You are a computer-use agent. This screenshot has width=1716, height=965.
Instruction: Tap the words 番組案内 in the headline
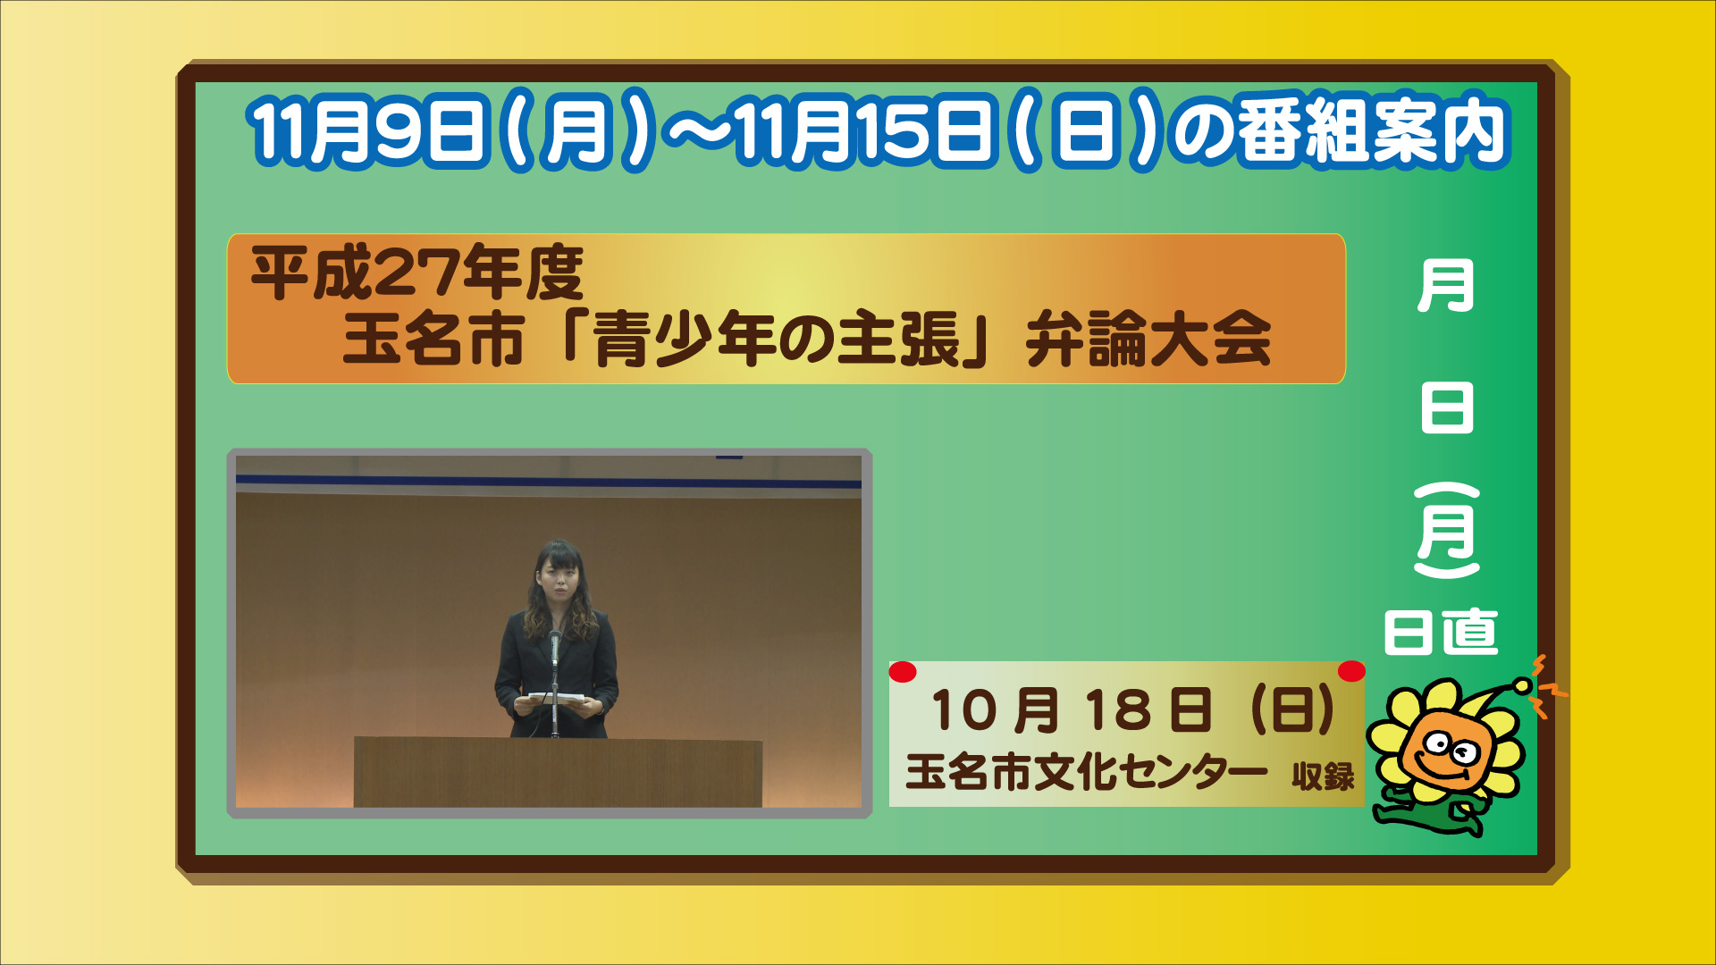point(1373,132)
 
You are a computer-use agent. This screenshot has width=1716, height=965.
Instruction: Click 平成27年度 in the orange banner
point(417,273)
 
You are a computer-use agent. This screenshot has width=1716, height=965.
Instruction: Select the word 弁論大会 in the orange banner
point(1148,340)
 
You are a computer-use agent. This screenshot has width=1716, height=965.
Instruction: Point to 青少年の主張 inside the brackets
point(776,340)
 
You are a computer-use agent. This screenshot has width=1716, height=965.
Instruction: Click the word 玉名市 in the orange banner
point(433,340)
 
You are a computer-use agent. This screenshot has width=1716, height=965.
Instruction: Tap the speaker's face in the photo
point(558,578)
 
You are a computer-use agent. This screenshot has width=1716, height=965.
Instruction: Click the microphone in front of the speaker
point(555,645)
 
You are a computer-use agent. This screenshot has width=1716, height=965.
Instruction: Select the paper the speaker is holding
point(557,700)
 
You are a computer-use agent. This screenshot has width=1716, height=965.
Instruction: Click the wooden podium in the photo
point(558,772)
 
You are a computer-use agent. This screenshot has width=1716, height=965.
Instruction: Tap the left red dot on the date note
point(903,672)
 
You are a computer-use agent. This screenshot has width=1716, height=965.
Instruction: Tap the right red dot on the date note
point(1351,671)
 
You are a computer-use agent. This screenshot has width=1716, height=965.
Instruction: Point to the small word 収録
point(1324,776)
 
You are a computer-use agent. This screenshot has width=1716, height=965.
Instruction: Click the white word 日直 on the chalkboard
point(1441,633)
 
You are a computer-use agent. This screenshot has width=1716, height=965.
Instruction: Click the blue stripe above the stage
point(549,482)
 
